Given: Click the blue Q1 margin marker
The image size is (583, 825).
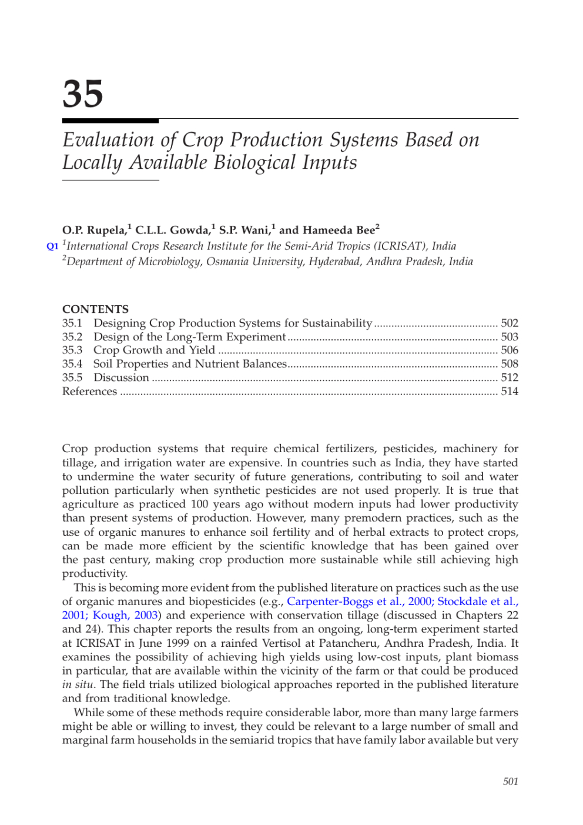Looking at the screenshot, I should (x=52, y=246).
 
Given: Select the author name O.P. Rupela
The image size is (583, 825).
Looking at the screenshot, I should (x=94, y=230).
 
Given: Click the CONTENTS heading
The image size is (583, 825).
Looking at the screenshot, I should (x=95, y=309).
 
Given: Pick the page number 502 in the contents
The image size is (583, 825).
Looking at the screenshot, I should (x=510, y=323).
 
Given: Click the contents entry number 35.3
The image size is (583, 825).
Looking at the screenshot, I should (x=72, y=350).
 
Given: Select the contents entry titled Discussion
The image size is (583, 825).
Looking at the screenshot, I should (x=121, y=378).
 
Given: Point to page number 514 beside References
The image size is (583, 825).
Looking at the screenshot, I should (x=510, y=391).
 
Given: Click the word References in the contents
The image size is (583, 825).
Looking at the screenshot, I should (x=89, y=391).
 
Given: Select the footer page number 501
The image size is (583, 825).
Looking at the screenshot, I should (x=510, y=781).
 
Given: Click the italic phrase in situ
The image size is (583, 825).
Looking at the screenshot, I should (x=78, y=684).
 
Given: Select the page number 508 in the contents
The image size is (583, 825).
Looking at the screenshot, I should (x=510, y=364).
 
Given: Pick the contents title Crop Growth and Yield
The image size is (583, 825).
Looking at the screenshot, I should (x=154, y=350).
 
